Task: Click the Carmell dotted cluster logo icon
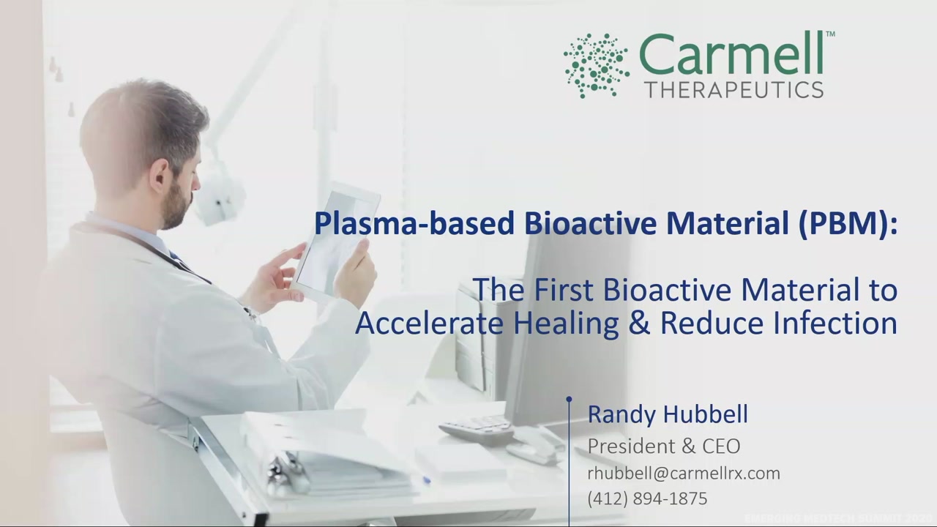point(596,64)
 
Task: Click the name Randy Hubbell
point(667,414)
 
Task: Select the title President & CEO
point(663,446)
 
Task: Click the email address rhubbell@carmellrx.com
point(683,474)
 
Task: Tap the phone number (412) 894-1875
point(647,498)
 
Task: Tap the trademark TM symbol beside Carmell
point(830,34)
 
